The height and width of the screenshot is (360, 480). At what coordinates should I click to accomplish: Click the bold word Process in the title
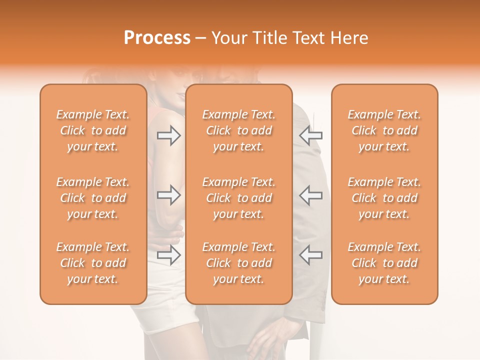[x=157, y=38]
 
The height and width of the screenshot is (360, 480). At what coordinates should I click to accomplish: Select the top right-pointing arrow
[x=169, y=135]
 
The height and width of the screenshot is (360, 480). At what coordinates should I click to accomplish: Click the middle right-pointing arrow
[x=169, y=195]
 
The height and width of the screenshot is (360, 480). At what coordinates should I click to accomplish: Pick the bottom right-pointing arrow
[x=169, y=255]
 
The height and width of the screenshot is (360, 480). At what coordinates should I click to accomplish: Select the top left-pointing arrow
[x=311, y=135]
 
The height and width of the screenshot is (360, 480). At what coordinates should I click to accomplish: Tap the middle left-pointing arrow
[x=311, y=195]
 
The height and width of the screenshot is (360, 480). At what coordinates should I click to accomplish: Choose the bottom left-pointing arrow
[x=311, y=255]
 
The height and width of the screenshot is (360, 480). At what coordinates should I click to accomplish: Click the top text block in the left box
[x=93, y=130]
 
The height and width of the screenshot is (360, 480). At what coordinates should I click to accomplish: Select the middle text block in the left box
[x=93, y=198]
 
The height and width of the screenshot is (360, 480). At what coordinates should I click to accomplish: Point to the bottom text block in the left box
[x=93, y=263]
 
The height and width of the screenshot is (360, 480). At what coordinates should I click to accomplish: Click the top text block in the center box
[x=239, y=130]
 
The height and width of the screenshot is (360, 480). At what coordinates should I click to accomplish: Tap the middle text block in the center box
[x=239, y=198]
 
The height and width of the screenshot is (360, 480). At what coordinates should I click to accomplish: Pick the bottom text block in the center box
[x=239, y=263]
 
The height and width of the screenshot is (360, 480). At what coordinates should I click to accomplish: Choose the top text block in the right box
[x=384, y=130]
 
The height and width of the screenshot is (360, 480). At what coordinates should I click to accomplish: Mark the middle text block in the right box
[x=384, y=198]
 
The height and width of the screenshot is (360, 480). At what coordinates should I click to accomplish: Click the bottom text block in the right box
[x=384, y=263]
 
